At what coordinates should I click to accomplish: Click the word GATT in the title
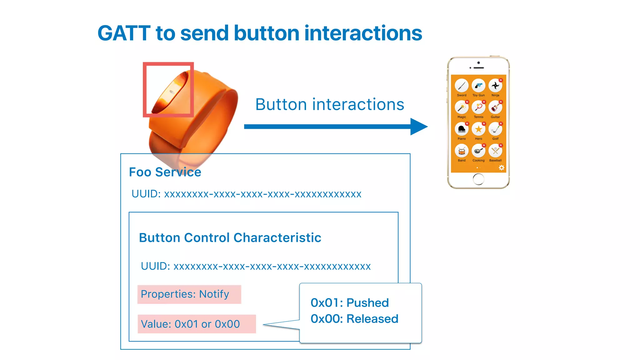coord(124,33)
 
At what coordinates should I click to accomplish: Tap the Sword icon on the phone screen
coord(462,86)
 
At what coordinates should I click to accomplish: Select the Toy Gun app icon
coord(478,86)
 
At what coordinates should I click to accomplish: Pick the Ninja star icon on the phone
coord(495,86)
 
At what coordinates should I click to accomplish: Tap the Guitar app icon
coord(495,107)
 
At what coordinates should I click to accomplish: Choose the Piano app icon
coord(462,129)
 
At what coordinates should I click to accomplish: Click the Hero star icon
coord(478,129)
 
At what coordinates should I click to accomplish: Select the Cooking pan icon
coord(478,151)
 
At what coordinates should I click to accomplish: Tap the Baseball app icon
coord(495,151)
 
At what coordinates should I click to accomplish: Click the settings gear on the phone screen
coord(502,168)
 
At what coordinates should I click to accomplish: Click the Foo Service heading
coord(165,172)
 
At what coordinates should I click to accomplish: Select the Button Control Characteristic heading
coord(230,238)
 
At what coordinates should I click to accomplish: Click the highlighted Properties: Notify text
coord(185,294)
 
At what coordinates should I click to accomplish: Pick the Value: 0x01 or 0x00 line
coord(190,324)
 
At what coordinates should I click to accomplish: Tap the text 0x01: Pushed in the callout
coord(350,303)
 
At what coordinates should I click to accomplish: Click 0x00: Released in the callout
coord(354,319)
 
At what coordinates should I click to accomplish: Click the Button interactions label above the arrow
coord(330,104)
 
